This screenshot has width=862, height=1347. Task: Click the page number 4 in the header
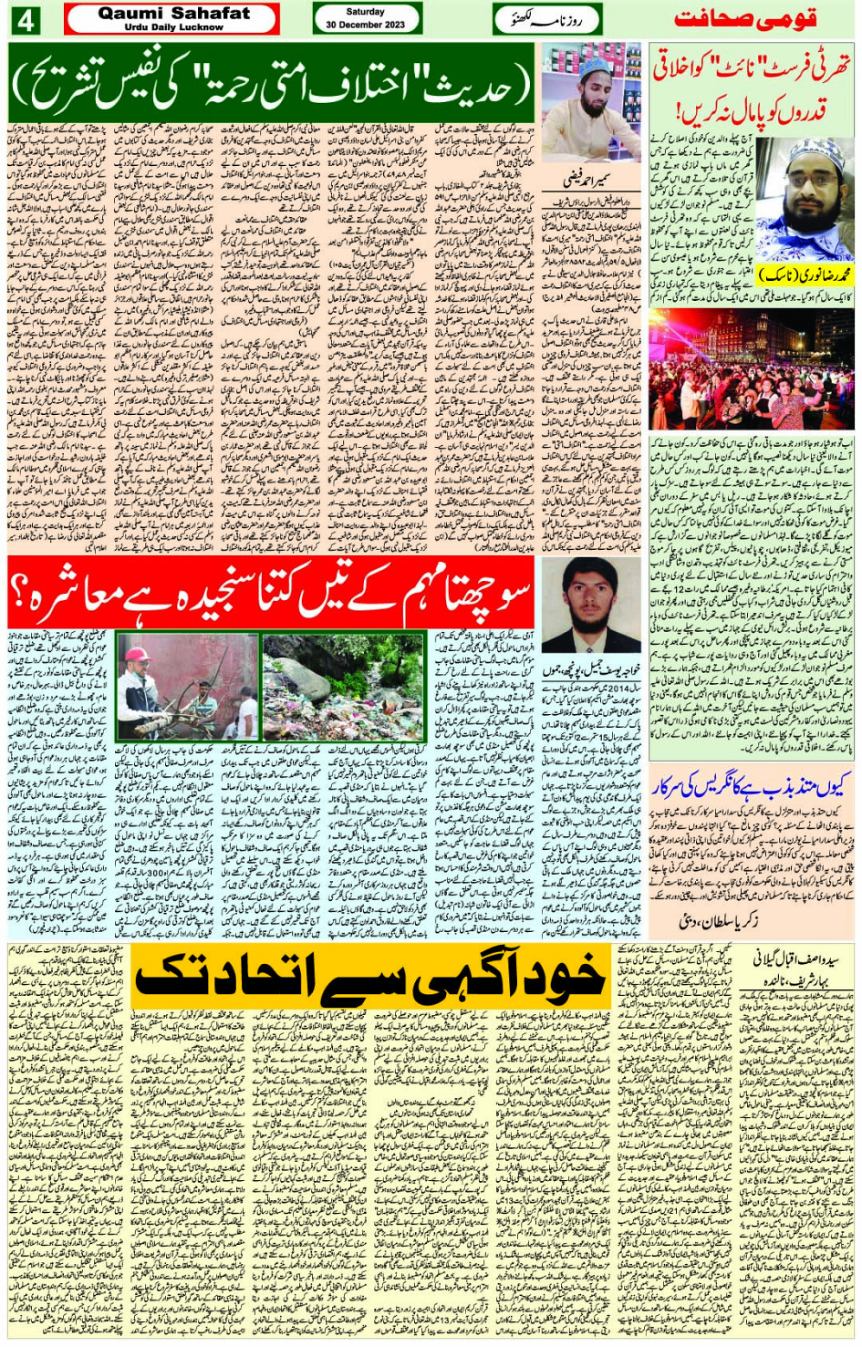[x=25, y=19]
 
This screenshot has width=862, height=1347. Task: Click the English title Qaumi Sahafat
[x=172, y=13]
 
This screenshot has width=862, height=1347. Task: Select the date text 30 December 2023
[x=365, y=25]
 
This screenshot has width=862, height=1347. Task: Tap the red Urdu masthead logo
[x=744, y=19]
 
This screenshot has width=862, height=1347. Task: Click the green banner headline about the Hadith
[x=271, y=82]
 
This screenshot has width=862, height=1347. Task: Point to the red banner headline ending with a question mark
[x=271, y=594]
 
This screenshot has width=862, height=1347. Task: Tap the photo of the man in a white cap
[x=590, y=103]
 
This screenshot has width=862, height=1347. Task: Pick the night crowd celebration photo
[x=751, y=369]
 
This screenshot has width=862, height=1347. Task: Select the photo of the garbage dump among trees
[x=343, y=686]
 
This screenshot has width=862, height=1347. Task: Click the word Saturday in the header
[x=365, y=12]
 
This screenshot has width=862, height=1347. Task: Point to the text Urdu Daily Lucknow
[x=173, y=27]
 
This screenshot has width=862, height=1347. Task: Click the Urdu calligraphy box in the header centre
[x=547, y=19]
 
